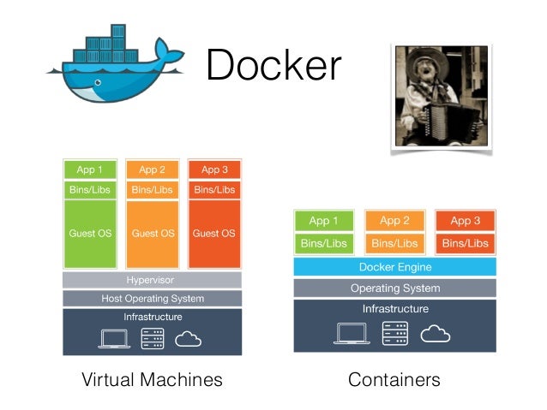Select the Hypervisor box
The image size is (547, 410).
(x=152, y=280)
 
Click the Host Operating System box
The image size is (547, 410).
(x=152, y=299)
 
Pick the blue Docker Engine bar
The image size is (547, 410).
(x=394, y=267)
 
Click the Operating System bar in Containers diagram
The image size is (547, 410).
(x=394, y=288)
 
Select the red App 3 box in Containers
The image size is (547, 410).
(x=466, y=221)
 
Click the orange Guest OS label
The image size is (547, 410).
(x=153, y=233)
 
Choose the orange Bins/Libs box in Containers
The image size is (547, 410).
(x=394, y=244)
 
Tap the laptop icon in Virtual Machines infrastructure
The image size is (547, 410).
(x=114, y=339)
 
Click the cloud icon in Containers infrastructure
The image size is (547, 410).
(x=436, y=332)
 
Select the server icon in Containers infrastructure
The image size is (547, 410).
(x=394, y=332)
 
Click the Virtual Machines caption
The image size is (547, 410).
(x=152, y=379)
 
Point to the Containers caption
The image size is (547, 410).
(x=394, y=379)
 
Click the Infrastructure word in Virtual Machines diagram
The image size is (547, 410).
(x=152, y=317)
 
